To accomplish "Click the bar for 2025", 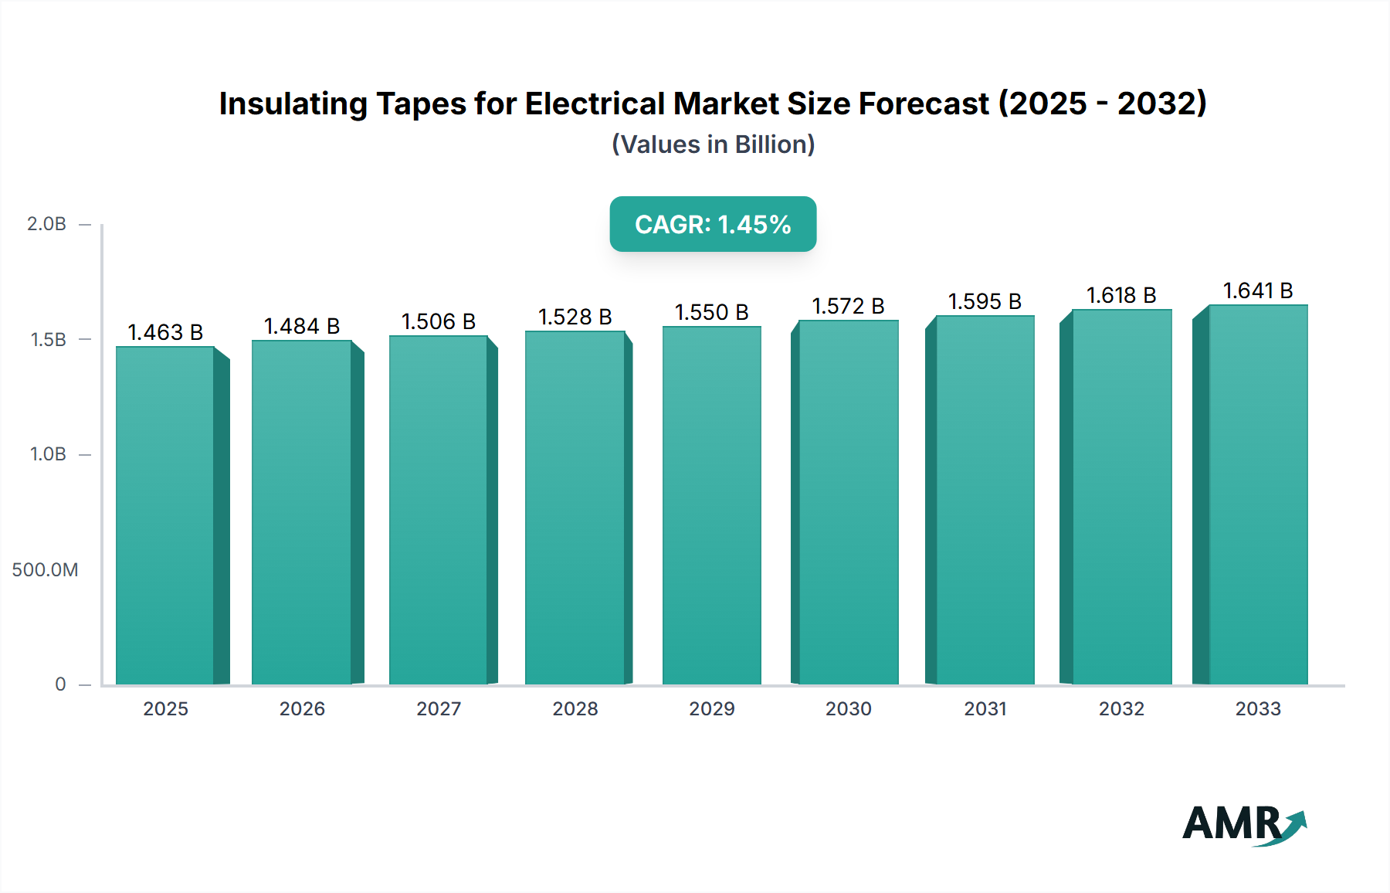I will click(x=165, y=515).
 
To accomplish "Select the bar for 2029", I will click(x=711, y=505).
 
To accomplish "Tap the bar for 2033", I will click(x=1258, y=494).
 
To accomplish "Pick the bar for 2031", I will click(x=985, y=500).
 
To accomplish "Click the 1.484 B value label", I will click(x=302, y=326).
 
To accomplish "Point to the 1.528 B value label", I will click(x=575, y=317).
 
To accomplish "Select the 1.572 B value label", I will click(x=848, y=306).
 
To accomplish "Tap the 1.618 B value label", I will click(x=1121, y=295).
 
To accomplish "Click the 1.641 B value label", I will click(x=1258, y=290).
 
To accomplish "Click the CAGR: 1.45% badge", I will click(x=713, y=224).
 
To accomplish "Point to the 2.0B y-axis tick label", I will click(x=46, y=224).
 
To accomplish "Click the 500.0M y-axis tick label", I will click(x=45, y=570).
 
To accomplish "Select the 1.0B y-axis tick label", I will click(x=48, y=454).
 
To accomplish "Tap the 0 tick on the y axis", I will click(x=60, y=684).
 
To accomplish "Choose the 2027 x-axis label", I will click(x=439, y=708).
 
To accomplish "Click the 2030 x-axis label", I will click(x=848, y=708).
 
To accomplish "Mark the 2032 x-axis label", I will click(x=1121, y=708).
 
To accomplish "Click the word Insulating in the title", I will click(x=293, y=104).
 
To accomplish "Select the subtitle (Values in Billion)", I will click(x=713, y=144).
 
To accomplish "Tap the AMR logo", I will click(x=1243, y=824).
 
